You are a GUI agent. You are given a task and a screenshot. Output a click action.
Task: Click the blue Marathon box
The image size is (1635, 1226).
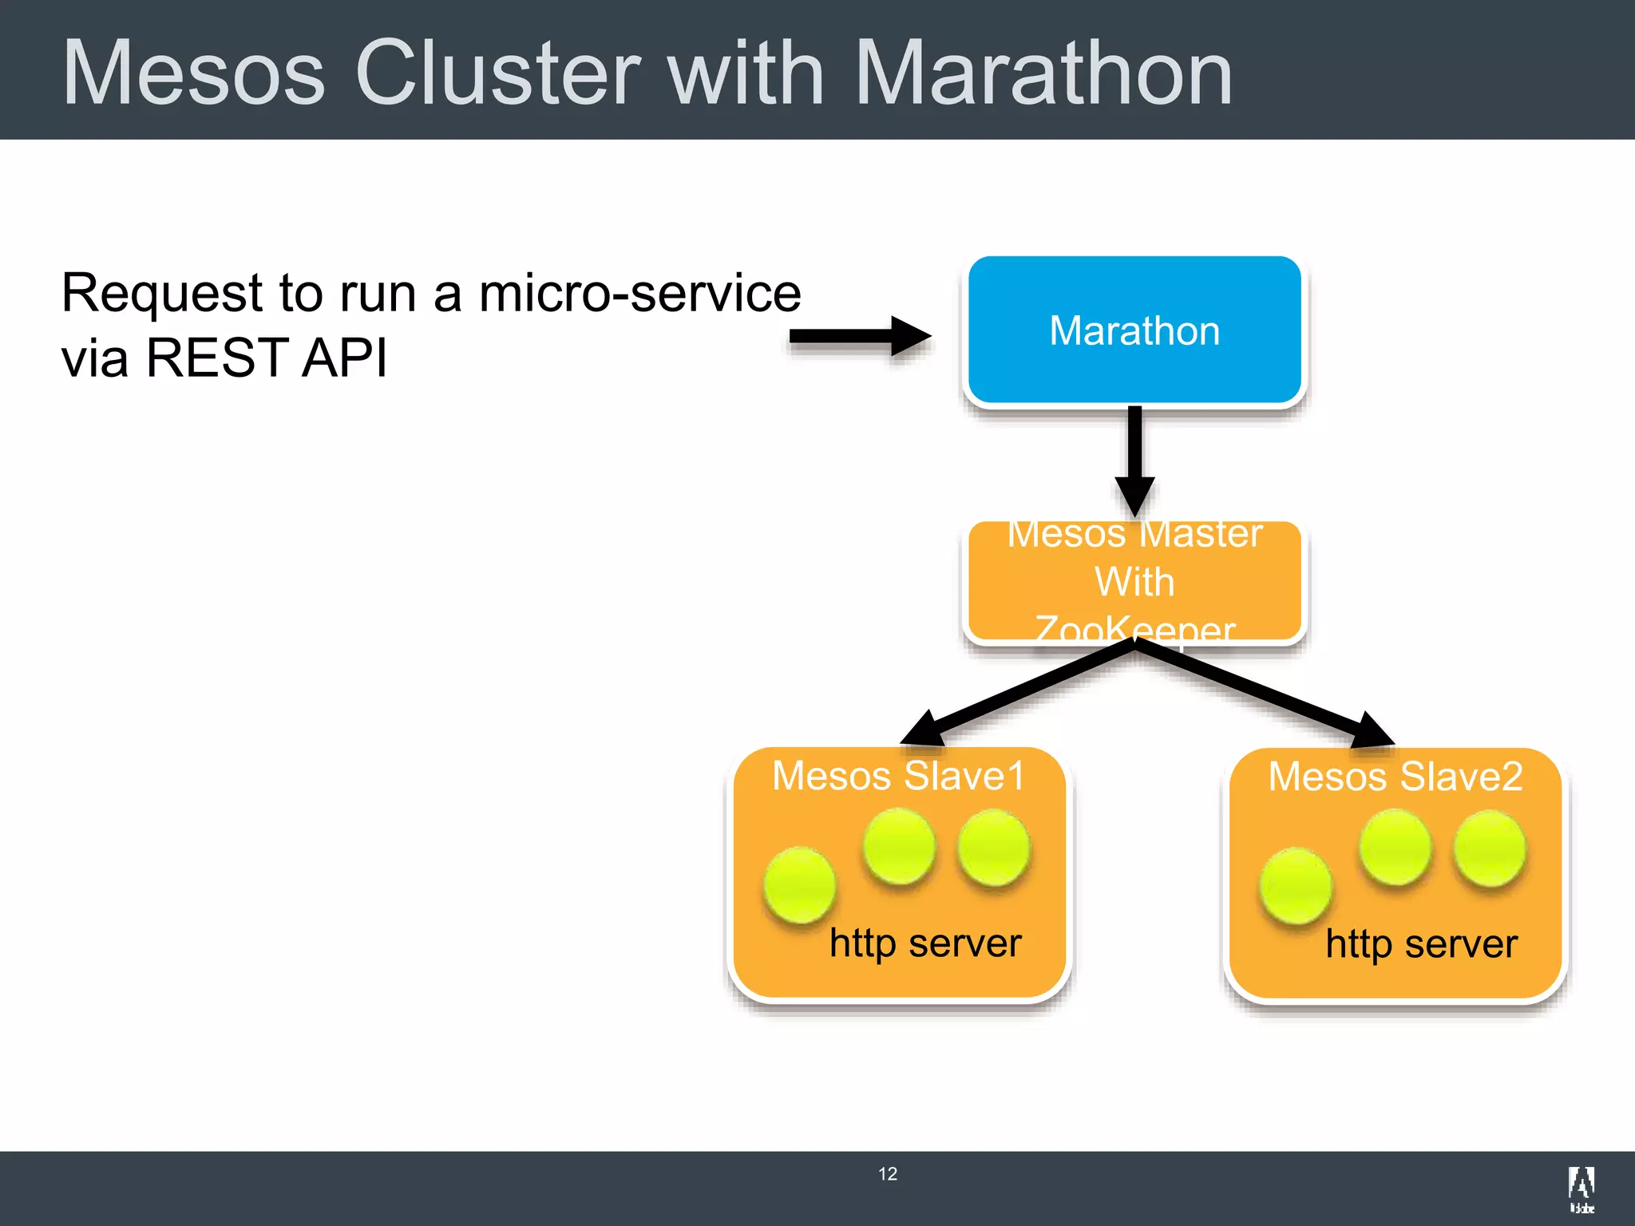point(1134,330)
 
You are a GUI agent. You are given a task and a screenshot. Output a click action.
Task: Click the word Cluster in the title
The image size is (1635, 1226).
point(497,73)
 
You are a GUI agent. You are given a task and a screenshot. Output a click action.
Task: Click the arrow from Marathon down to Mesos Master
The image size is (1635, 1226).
point(1134,459)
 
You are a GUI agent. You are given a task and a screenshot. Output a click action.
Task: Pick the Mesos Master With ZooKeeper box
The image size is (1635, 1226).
point(1134,581)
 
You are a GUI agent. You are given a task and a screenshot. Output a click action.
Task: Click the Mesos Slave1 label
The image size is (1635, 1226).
point(899,776)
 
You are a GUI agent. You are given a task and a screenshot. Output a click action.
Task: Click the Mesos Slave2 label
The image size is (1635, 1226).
point(1395,777)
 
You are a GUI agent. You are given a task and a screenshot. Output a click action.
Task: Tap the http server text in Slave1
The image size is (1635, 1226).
point(925,943)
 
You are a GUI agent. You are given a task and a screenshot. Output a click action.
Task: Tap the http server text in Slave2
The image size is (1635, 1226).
point(1421,944)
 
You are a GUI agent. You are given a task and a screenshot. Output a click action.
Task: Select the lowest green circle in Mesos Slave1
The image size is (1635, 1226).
point(799,884)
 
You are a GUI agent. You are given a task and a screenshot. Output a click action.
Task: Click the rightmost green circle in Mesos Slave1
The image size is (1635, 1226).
point(994,847)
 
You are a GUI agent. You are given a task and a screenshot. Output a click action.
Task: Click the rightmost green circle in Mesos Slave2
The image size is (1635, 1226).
point(1490,848)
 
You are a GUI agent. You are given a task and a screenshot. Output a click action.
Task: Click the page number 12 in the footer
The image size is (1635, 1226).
point(888,1174)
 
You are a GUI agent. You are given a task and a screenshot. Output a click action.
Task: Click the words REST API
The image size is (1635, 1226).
point(267,358)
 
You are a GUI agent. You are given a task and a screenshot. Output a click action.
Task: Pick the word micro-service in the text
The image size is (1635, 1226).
point(639,293)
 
